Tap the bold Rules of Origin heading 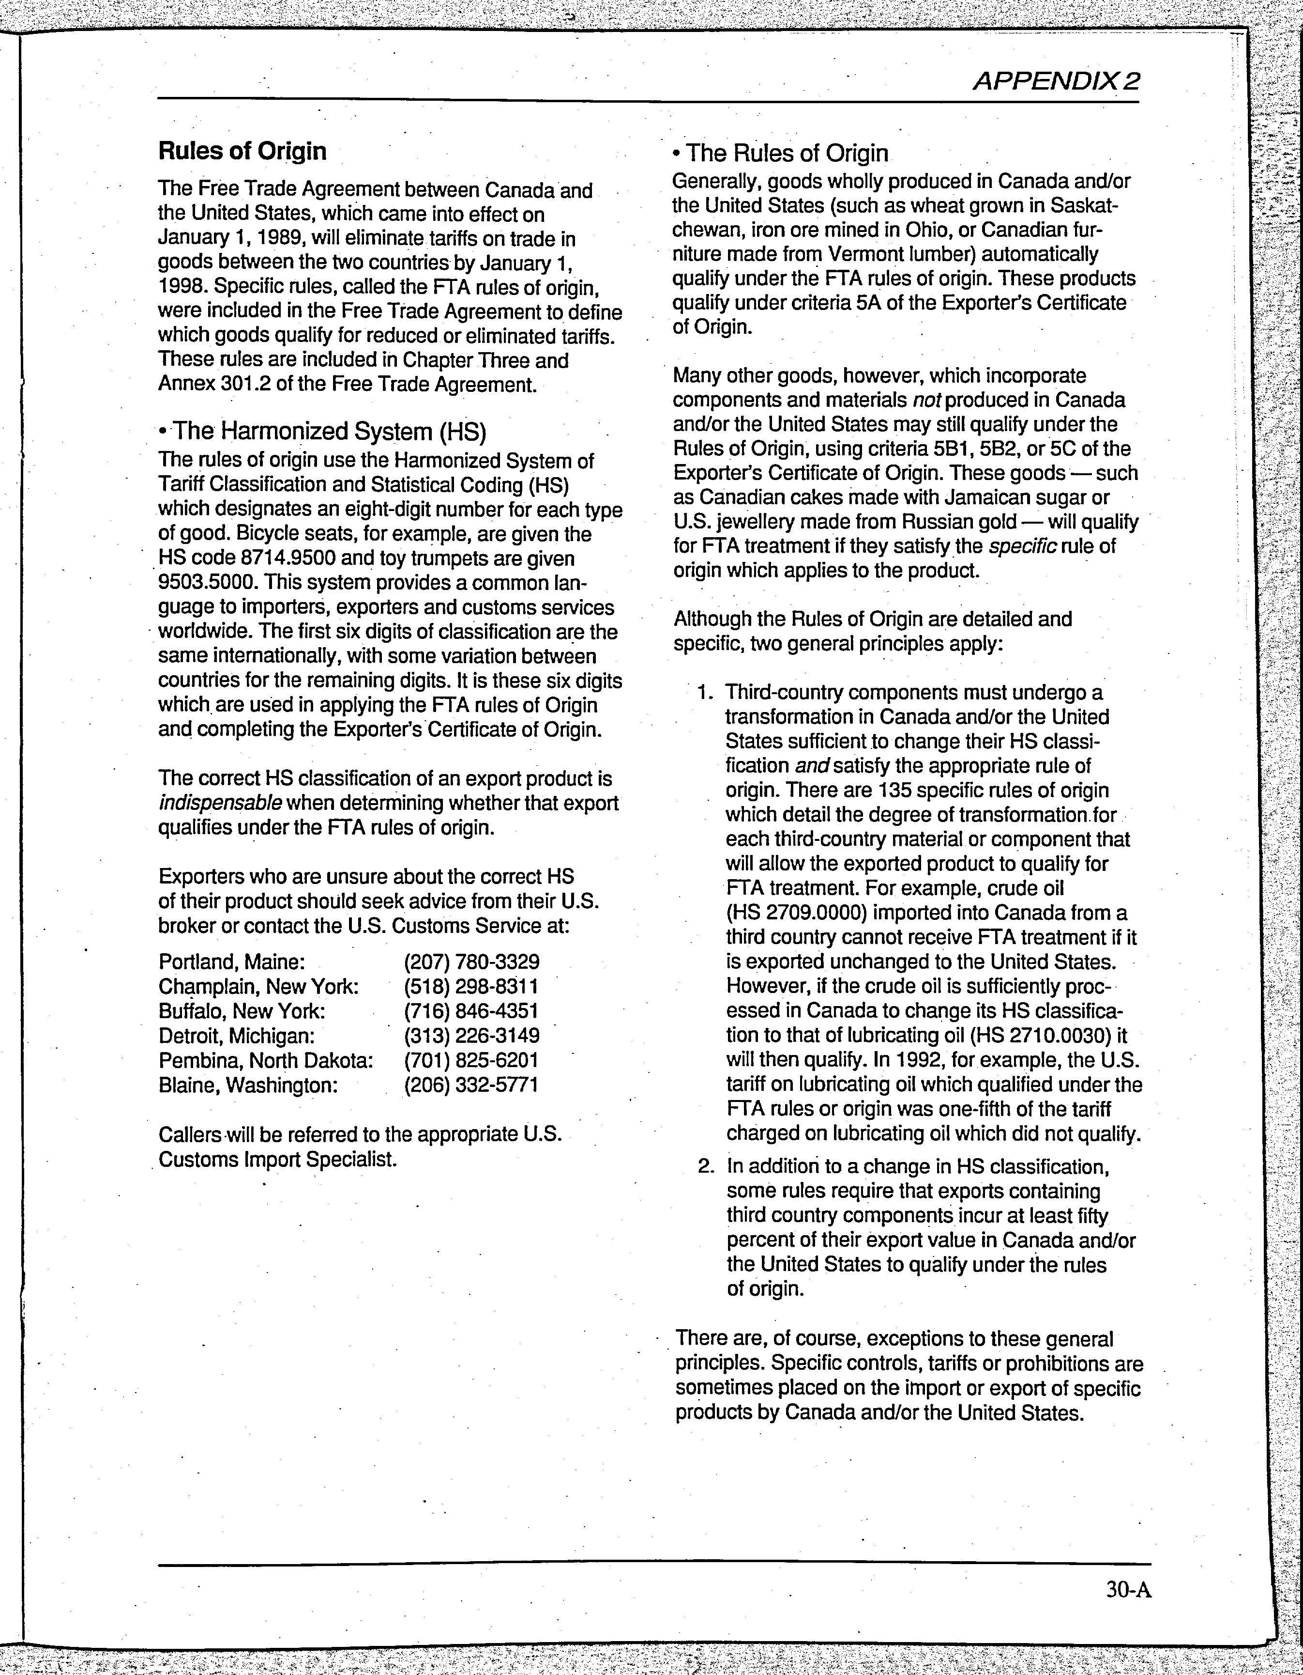coord(242,151)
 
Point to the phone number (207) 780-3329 coord(471,962)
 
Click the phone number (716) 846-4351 coord(471,1011)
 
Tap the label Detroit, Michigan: coord(237,1036)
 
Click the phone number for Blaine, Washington coord(471,1085)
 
